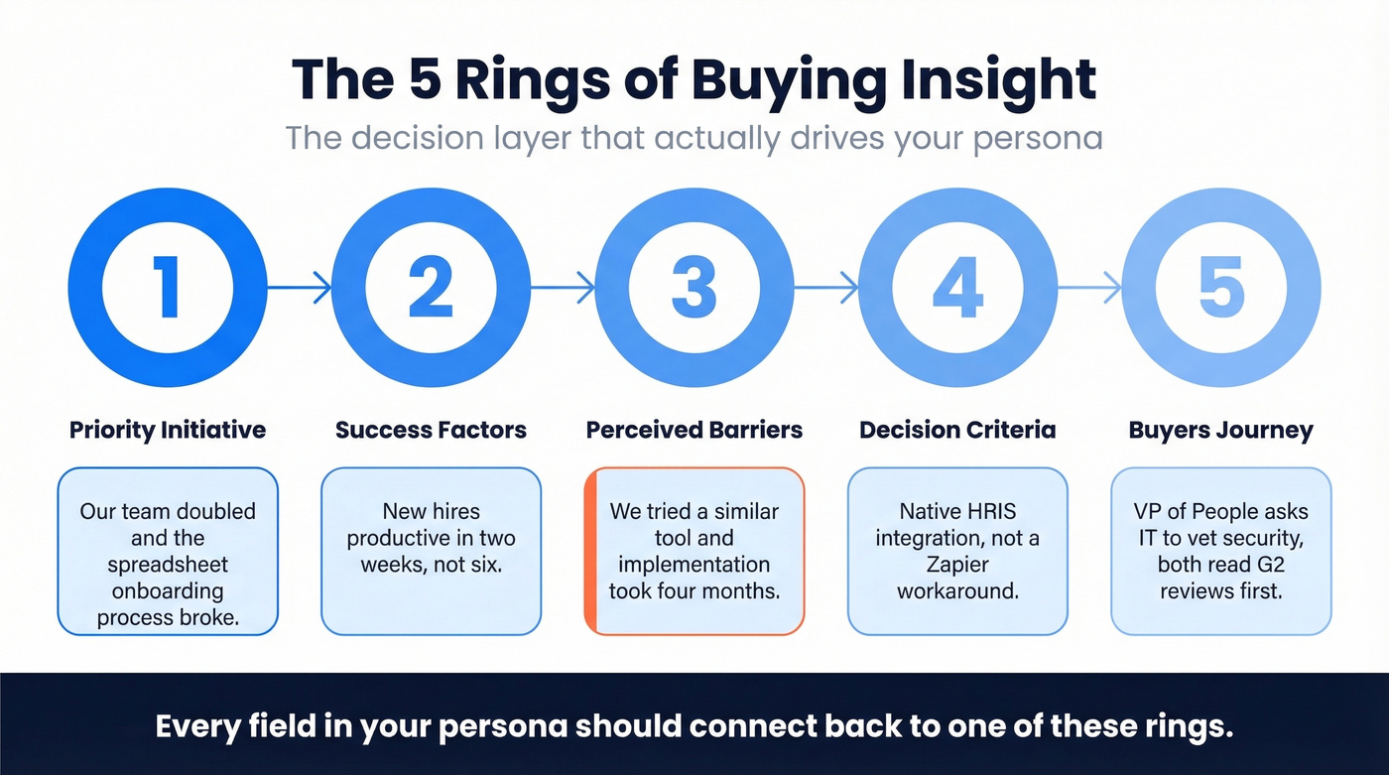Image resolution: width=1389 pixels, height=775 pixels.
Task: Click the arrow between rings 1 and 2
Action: (300, 289)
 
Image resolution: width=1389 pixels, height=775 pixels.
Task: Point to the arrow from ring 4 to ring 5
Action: (1089, 289)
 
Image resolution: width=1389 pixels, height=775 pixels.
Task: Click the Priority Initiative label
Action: (168, 430)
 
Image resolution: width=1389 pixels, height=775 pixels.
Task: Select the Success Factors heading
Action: (431, 430)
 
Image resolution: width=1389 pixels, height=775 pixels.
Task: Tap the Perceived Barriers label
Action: (694, 430)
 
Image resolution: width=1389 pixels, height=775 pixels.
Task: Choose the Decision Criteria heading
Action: (957, 430)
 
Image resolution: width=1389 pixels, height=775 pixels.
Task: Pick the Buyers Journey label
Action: (1220, 430)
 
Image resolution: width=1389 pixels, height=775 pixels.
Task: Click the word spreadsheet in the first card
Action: (168, 565)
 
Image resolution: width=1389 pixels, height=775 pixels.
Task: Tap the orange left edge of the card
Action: (589, 551)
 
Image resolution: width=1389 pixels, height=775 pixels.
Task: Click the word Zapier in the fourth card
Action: (957, 565)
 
